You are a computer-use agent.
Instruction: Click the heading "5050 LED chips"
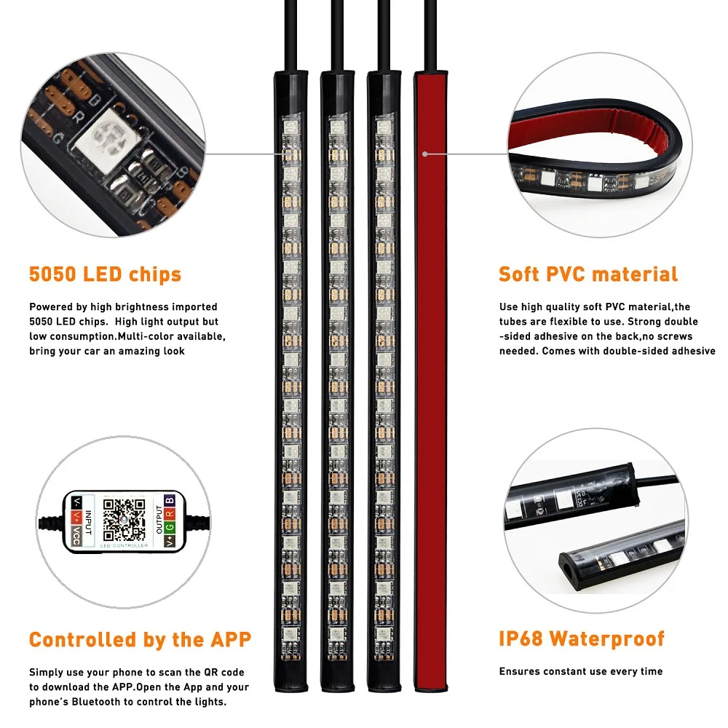[x=105, y=274]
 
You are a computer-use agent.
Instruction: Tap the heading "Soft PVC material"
[x=588, y=274]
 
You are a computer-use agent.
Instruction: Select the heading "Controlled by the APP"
[x=140, y=640]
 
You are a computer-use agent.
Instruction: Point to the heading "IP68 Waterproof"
[x=582, y=639]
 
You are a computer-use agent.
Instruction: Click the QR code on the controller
[x=124, y=520]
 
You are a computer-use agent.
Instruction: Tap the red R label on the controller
[x=170, y=513]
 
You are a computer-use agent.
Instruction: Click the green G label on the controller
[x=170, y=527]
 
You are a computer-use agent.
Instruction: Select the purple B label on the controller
[x=170, y=501]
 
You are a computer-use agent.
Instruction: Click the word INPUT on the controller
[x=89, y=523]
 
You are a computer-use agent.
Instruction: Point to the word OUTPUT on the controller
[x=159, y=520]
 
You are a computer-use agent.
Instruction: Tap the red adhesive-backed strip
[x=430, y=380]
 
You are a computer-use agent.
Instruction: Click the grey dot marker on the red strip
[x=425, y=154]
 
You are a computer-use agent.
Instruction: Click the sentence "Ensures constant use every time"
[x=581, y=671]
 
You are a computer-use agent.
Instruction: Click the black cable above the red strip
[x=430, y=35]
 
